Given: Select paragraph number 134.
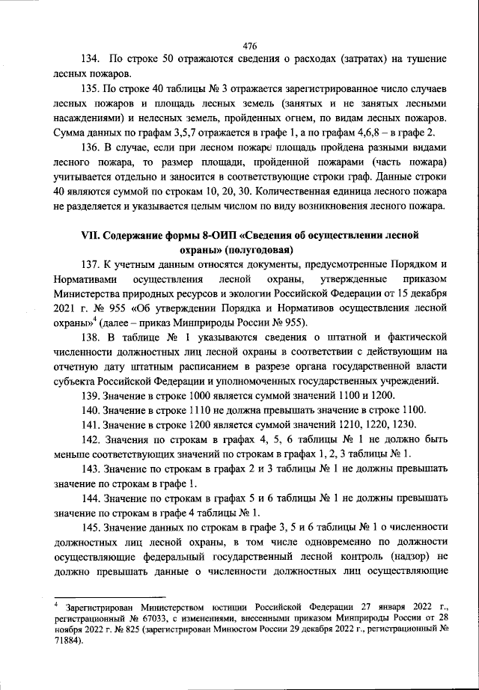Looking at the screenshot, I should tap(90, 58).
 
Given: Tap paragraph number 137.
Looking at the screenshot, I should tap(90, 263).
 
